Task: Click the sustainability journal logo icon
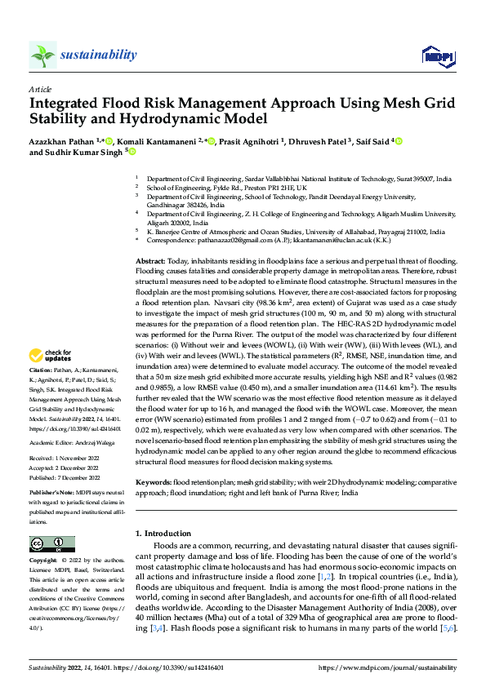(x=42, y=55)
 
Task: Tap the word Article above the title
(x=39, y=89)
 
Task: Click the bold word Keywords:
(x=154, y=482)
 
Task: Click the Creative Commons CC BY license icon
(x=51, y=544)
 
